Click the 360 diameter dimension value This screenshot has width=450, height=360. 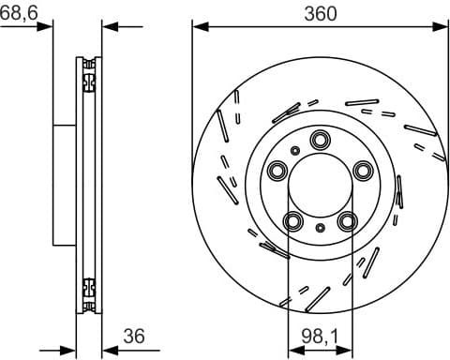coord(320,12)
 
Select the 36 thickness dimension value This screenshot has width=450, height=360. coord(136,334)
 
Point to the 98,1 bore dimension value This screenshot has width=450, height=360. coord(320,334)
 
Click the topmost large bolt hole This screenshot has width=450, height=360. coord(320,140)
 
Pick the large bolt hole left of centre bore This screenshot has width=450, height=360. coord(277,171)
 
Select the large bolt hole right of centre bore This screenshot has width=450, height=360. coord(363,170)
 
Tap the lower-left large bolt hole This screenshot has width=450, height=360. coord(292,220)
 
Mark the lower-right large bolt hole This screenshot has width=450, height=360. coord(348,220)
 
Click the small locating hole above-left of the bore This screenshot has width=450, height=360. coord(295,150)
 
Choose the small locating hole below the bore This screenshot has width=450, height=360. coord(321,228)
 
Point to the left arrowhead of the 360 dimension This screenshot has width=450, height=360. coord(198,25)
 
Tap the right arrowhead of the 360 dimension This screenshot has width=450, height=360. coord(442,25)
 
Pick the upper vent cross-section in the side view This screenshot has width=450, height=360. coord(89,75)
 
